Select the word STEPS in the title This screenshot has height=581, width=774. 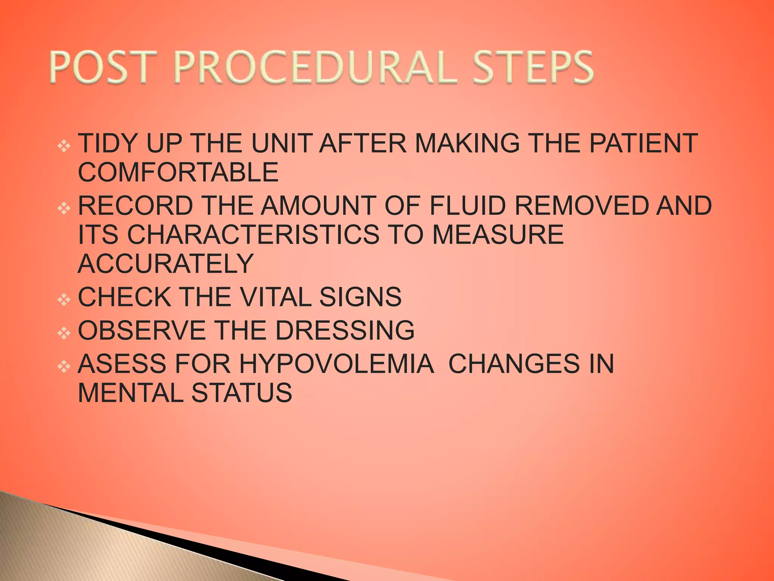coord(533,68)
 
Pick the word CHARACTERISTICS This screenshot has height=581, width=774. coord(253,235)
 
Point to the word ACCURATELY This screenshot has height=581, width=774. coord(166,264)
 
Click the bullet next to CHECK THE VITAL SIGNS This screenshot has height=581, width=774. coord(64,300)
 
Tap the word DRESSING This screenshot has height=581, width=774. coord(345,330)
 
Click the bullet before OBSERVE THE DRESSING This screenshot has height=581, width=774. coord(64,333)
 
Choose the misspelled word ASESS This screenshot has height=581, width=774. coord(122,364)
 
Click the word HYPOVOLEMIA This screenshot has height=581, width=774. coord(337,364)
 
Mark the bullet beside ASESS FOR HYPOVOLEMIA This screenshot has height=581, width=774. coord(64,367)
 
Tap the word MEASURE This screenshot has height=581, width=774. coord(498,235)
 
